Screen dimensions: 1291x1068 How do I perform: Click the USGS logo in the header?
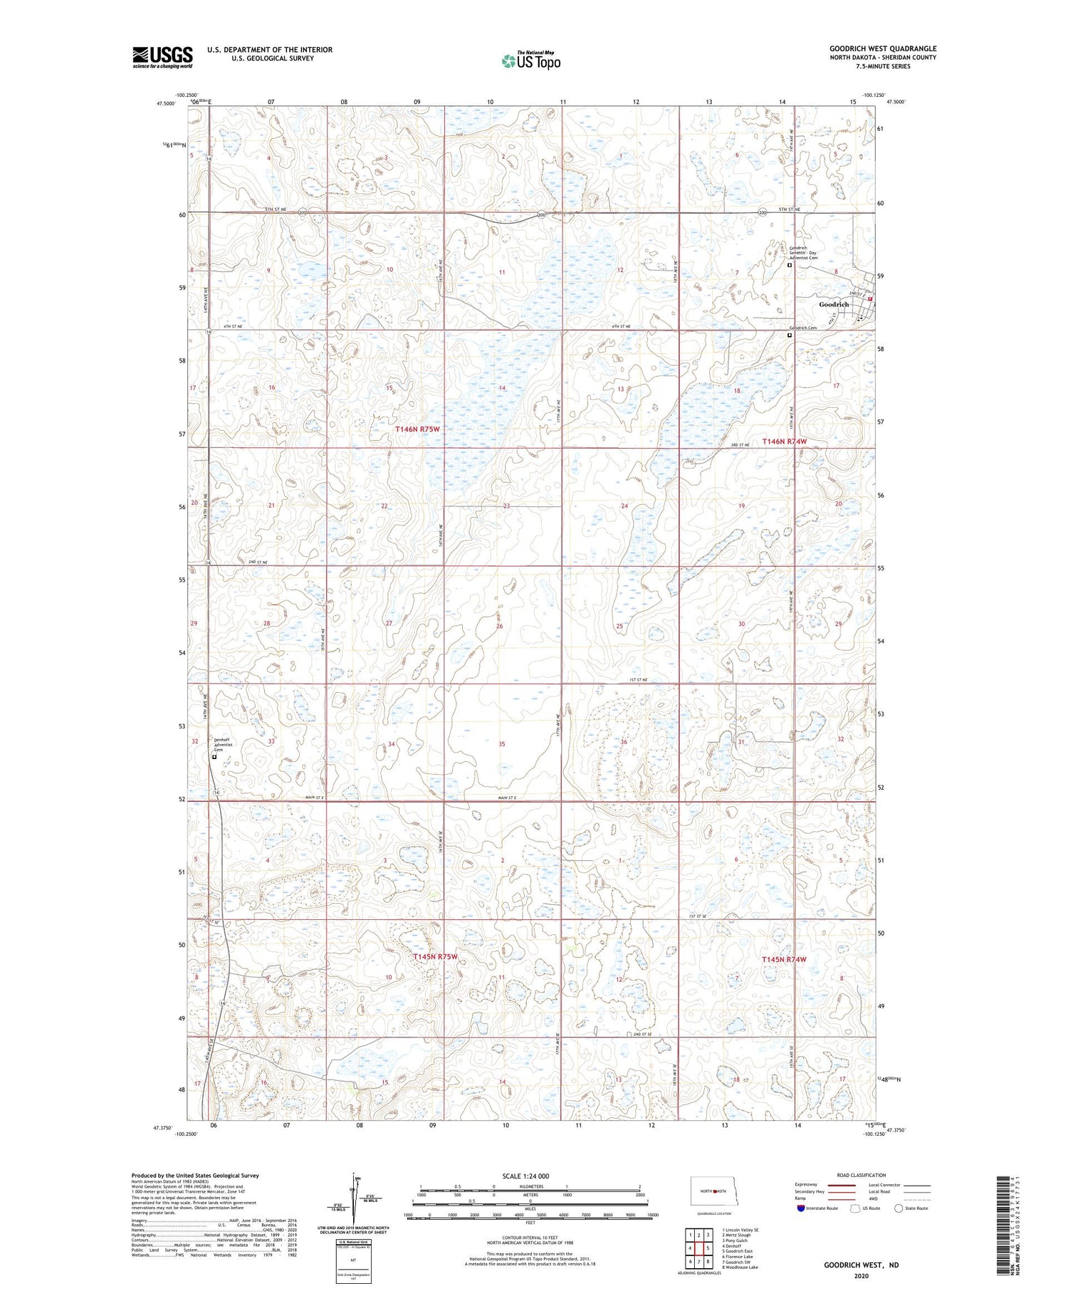click(x=162, y=57)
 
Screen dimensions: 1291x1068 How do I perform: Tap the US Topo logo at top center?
click(x=530, y=61)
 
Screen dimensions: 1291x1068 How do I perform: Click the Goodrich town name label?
click(x=834, y=304)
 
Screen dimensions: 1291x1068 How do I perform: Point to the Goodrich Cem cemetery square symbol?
click(x=790, y=334)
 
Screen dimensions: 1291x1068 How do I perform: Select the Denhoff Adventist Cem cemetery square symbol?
click(x=214, y=758)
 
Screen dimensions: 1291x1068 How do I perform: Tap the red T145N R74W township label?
click(x=784, y=959)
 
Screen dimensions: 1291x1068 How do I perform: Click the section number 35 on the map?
click(x=502, y=743)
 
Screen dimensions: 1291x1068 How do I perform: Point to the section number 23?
click(x=506, y=506)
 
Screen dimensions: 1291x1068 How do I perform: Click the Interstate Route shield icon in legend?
click(x=801, y=1208)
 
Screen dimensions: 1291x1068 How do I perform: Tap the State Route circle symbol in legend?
click(x=899, y=1208)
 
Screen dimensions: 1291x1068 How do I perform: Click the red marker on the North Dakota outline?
click(x=714, y=1191)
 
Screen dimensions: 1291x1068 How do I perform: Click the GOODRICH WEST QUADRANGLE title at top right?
click(x=883, y=48)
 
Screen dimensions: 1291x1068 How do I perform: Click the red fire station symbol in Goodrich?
click(x=870, y=299)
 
